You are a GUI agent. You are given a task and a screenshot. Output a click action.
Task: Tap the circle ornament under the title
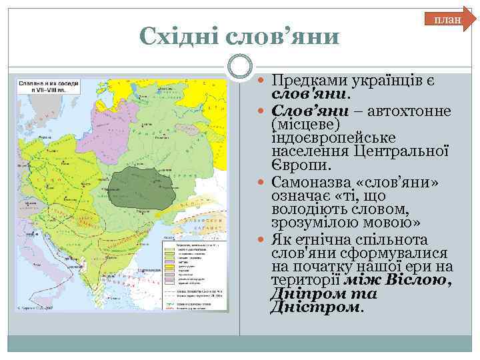coord(240,67)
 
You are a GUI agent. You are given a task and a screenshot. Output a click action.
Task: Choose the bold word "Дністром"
coord(315,308)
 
